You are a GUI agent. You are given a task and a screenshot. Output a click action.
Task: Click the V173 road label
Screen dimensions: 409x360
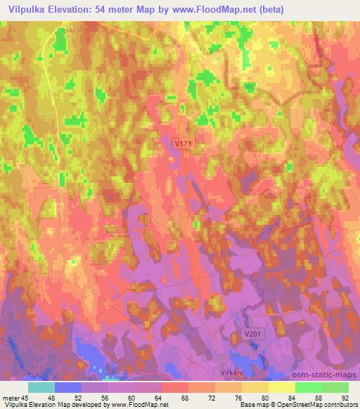point(183,143)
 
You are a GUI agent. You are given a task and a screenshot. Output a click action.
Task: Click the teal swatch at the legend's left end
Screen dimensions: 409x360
point(41,387)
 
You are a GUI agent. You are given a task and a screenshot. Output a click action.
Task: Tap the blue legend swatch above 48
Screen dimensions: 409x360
point(67,387)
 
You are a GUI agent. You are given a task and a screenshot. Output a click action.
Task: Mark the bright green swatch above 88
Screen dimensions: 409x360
point(308,387)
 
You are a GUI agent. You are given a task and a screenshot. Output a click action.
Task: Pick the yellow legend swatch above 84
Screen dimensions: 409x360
point(281,387)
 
